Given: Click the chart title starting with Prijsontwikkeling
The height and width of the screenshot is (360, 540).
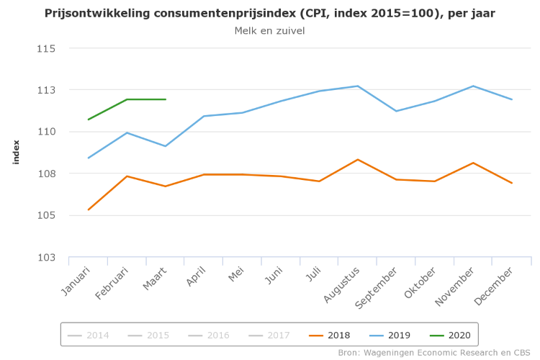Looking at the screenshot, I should click(269, 14).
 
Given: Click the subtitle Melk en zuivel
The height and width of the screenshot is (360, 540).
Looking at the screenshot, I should click(269, 31).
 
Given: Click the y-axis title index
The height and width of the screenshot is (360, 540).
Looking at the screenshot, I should click(16, 152).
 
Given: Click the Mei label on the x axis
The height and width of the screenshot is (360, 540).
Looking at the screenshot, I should click(237, 276).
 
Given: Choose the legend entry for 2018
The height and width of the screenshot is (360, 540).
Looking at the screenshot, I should click(330, 335).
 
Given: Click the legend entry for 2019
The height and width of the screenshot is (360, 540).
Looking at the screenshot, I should click(390, 335).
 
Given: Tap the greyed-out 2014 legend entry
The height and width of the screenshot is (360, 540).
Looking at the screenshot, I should click(89, 335).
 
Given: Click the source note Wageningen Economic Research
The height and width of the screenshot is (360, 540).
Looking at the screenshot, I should click(436, 353).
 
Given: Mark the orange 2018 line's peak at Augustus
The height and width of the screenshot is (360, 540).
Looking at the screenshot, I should click(358, 159).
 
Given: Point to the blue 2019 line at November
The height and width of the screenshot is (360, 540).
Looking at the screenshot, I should click(473, 86).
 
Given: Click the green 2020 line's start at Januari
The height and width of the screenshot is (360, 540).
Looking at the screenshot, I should click(89, 120).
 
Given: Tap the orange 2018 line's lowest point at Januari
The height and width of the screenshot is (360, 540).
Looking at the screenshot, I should click(89, 210).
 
